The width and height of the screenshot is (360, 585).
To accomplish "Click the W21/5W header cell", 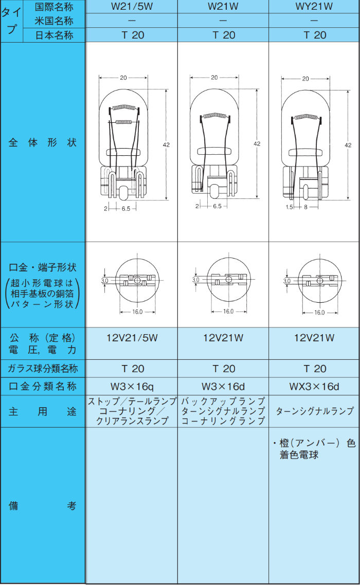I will tap(132, 7).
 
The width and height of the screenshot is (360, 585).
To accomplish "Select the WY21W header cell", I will tap(314, 7).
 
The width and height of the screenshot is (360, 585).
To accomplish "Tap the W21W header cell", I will tap(223, 7).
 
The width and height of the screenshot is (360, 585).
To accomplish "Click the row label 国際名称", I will tap(54, 7).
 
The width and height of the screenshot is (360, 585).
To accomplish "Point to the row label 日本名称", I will tap(54, 35).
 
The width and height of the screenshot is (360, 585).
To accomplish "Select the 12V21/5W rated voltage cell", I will tap(132, 338).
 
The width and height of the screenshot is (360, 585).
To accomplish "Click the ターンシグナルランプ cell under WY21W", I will tap(314, 411).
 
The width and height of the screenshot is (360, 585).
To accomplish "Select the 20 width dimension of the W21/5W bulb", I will tap(123, 78).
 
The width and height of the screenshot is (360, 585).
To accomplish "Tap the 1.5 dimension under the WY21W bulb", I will tap(289, 207).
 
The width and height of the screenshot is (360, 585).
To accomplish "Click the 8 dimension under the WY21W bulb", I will tap(305, 207).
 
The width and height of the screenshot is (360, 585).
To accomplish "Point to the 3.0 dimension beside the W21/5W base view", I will tap(104, 281).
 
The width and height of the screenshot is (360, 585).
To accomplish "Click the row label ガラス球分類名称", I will tap(43, 369).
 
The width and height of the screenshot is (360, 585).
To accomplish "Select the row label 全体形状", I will tap(43, 142).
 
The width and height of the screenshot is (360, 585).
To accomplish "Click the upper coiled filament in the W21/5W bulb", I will tap(124, 108).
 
